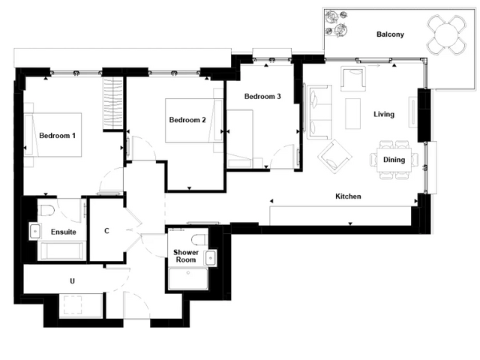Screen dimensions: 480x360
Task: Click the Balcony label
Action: [x=390, y=34]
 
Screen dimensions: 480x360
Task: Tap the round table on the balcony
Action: [x=447, y=35]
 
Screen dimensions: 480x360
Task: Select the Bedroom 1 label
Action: [x=57, y=135]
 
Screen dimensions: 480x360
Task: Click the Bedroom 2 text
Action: [x=187, y=120]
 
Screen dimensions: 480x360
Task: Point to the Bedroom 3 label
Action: [x=262, y=97]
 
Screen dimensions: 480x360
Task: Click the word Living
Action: [x=384, y=114]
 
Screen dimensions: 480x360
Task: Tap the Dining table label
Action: [x=394, y=160]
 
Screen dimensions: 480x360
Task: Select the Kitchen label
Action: [x=348, y=196]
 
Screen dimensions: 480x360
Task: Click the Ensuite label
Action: [x=63, y=232]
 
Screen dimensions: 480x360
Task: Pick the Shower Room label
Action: [x=186, y=256]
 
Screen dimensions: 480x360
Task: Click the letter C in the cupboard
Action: [x=106, y=231]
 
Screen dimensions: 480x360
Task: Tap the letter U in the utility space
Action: [x=72, y=280]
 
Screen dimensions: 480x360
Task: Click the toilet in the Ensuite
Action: [x=47, y=210]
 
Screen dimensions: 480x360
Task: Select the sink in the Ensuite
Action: [x=35, y=231]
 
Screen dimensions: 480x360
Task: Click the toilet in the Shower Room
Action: [x=199, y=239]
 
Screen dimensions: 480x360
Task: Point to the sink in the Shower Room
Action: [x=211, y=258]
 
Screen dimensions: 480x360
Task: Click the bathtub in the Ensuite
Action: [x=61, y=251]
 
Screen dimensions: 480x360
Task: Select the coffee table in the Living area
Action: [x=353, y=113]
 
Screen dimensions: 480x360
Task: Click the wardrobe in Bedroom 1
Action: [x=112, y=103]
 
